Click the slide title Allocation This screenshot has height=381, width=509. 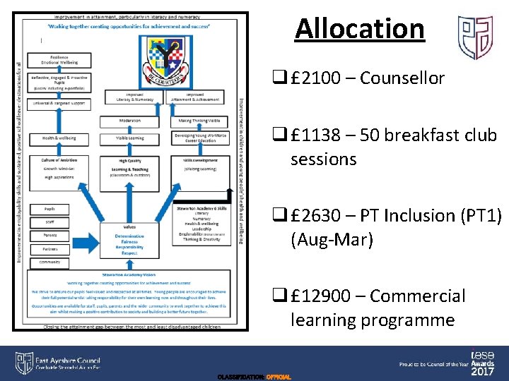pos(360,29)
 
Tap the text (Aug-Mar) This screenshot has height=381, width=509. pos(329,240)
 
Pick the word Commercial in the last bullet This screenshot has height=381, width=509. pos(418,296)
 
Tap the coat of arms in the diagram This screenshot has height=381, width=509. pos(169,61)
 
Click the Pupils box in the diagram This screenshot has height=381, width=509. pos(49,210)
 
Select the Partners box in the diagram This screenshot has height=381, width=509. pos(49,248)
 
